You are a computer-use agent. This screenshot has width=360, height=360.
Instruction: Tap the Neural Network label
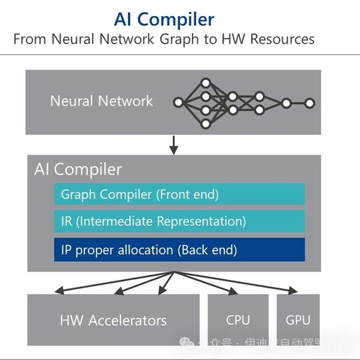click(x=101, y=101)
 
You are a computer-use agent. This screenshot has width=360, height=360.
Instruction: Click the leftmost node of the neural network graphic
click(x=178, y=103)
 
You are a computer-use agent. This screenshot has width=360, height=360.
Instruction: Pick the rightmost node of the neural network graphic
click(x=309, y=103)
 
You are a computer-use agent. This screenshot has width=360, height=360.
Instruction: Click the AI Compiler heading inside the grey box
click(x=78, y=169)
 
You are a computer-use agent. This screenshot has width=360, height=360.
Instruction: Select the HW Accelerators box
click(x=113, y=320)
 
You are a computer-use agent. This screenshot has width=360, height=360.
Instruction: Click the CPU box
click(x=238, y=320)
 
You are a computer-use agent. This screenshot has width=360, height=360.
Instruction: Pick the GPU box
click(x=298, y=320)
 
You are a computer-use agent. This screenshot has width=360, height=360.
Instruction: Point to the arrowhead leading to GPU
click(x=292, y=290)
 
